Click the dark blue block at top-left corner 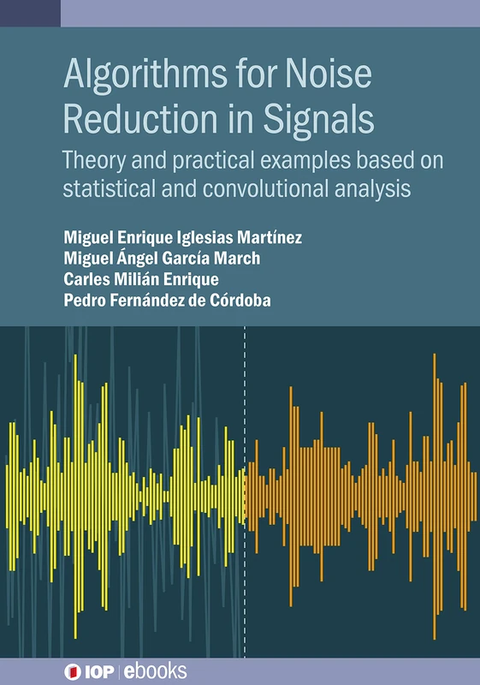[30, 13]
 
